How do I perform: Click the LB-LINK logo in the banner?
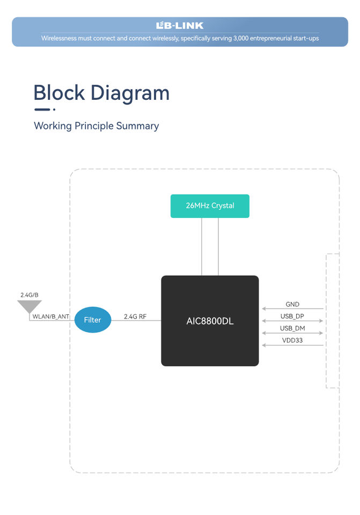click(x=180, y=25)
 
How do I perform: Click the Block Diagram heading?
click(x=101, y=93)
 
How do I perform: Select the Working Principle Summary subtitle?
click(x=96, y=126)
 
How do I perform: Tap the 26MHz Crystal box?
click(x=210, y=206)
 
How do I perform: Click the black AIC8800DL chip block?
click(x=210, y=321)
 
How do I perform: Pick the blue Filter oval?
click(x=93, y=320)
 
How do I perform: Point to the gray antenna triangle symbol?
click(x=29, y=307)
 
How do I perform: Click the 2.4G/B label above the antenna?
click(x=29, y=295)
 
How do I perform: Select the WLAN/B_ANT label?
click(x=51, y=317)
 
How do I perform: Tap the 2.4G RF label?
click(x=135, y=317)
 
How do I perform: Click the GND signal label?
click(x=292, y=305)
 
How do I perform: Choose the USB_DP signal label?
click(x=292, y=317)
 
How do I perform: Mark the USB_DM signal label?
click(x=292, y=328)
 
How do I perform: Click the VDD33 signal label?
click(x=292, y=340)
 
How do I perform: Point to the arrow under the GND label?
click(x=292, y=309)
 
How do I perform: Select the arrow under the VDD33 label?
click(x=292, y=345)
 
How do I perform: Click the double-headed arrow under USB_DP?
click(x=292, y=321)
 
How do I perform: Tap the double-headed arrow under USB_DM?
click(x=292, y=333)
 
